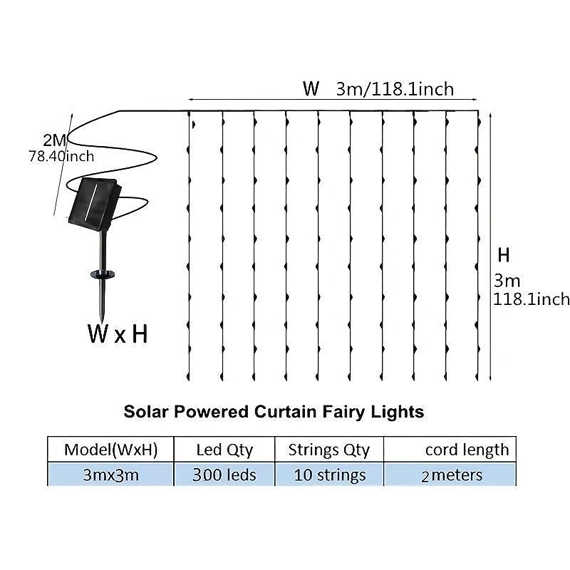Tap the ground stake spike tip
[103, 318]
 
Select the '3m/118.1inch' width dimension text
[395, 89]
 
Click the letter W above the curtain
[311, 89]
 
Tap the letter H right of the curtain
[504, 255]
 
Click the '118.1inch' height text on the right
[532, 299]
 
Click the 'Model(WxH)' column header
[110, 450]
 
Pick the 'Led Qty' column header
[224, 450]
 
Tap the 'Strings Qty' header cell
[329, 450]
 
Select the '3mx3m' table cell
[110, 475]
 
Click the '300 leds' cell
[224, 475]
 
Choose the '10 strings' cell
[329, 475]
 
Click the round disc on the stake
[104, 273]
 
